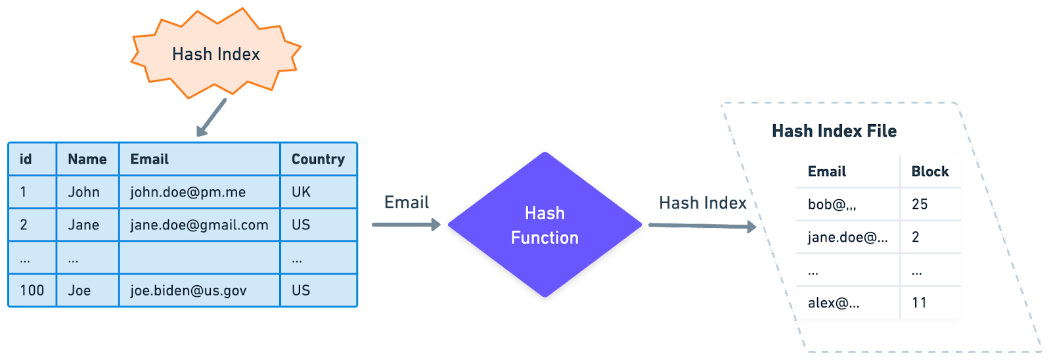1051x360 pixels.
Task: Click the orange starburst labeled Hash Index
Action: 215,54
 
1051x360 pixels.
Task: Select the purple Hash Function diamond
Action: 545,225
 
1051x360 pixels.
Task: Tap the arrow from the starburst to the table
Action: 212,118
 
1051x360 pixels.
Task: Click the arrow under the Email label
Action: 406,225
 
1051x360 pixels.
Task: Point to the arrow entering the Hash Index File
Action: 702,226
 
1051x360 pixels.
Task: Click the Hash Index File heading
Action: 834,131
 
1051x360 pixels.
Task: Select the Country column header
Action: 318,159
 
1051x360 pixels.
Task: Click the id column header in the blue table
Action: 26,159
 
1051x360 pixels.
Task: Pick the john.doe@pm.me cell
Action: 188,192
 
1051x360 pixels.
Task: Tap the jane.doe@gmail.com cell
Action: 199,225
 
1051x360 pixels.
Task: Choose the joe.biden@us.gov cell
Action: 189,290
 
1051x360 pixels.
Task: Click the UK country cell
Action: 301,192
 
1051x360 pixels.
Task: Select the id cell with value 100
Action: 32,290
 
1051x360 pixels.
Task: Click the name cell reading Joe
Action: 79,290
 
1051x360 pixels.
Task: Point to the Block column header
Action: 929,171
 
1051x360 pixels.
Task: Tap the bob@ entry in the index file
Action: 832,204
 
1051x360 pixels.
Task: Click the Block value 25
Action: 920,204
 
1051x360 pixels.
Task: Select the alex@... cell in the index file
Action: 834,303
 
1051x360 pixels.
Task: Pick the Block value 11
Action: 919,303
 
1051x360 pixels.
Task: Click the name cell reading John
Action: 84,192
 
